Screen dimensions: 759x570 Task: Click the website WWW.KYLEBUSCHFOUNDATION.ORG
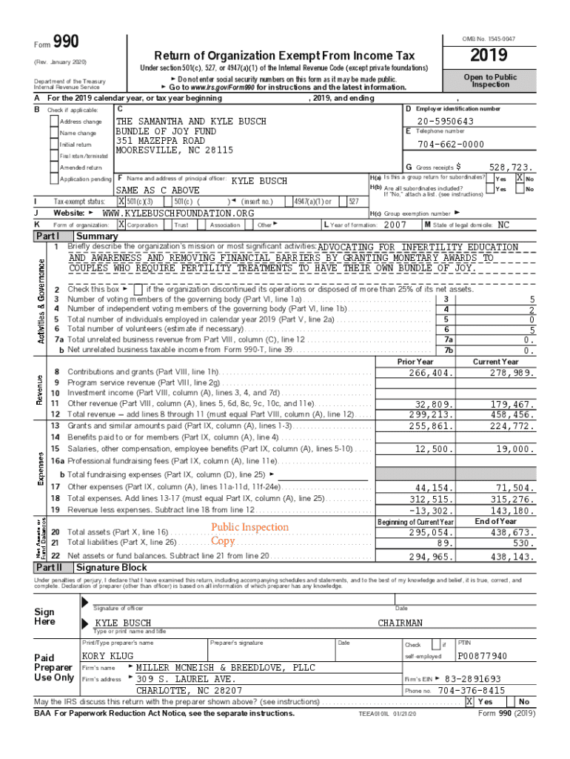point(178,213)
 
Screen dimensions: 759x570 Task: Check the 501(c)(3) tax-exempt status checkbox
point(122,202)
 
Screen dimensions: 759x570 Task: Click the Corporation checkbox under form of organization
point(122,225)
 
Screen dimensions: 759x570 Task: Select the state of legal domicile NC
point(503,225)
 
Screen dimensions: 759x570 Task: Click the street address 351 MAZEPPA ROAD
point(161,140)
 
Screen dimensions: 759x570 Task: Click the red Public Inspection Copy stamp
point(249,534)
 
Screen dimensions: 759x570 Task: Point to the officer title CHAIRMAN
point(400,623)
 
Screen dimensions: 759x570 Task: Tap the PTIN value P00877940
point(483,657)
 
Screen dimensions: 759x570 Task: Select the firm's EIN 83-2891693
point(473,679)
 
